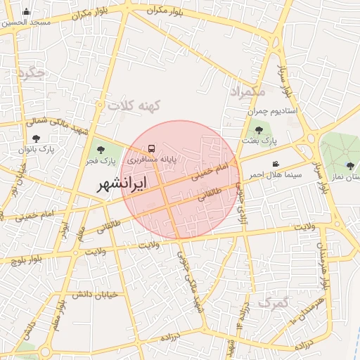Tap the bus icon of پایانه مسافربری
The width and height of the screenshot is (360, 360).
pyautogui.click(x=151, y=149)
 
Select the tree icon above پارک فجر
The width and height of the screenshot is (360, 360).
pyautogui.click(x=101, y=150)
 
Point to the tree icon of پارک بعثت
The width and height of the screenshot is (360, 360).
pyautogui.click(x=259, y=129)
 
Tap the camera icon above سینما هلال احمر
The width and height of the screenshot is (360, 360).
pyautogui.click(x=275, y=164)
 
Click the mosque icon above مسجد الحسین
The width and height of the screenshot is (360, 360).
pyautogui.click(x=27, y=11)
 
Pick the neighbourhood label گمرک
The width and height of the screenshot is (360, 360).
pyautogui.click(x=274, y=302)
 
